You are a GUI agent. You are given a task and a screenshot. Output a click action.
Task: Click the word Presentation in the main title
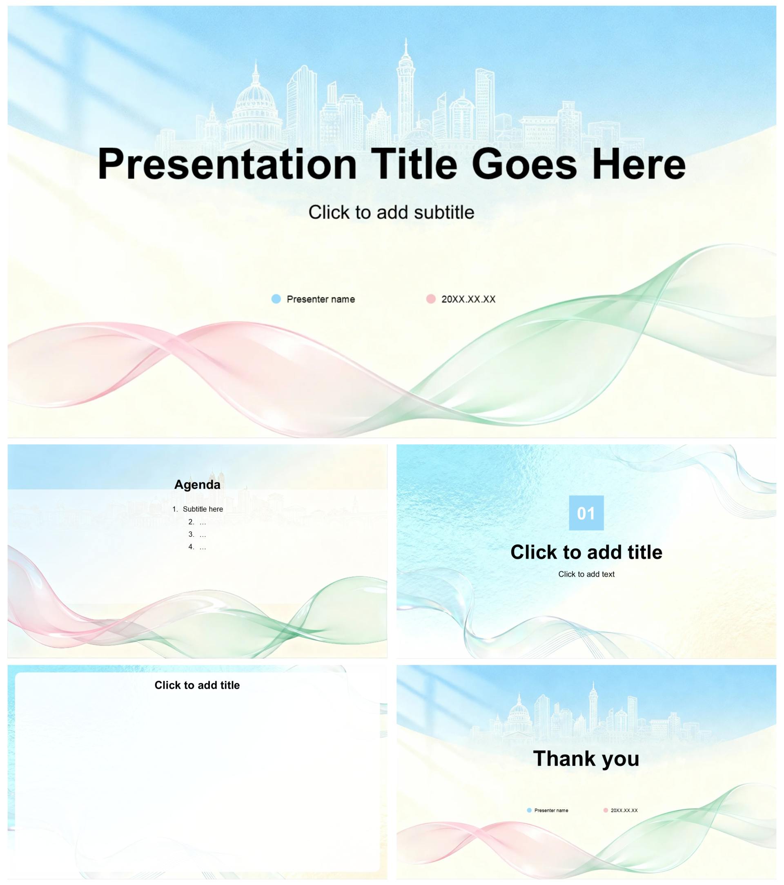click(227, 165)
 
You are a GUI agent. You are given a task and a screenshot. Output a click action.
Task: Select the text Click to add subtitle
click(391, 212)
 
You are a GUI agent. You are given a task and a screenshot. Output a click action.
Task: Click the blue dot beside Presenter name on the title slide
click(276, 299)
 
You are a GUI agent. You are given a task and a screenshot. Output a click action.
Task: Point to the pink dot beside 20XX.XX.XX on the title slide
click(431, 299)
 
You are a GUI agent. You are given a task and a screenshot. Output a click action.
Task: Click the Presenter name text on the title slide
click(321, 299)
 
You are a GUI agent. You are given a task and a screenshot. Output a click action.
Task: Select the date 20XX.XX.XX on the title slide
click(468, 299)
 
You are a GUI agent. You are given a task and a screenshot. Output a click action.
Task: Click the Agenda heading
click(197, 484)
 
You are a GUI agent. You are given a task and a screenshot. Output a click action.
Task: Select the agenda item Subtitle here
click(203, 509)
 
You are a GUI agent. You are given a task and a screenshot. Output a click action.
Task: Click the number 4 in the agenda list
click(191, 547)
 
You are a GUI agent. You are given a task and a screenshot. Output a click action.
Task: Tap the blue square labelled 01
click(586, 513)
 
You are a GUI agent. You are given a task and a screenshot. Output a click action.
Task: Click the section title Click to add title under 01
click(586, 552)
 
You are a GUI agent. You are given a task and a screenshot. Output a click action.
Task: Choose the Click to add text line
click(586, 574)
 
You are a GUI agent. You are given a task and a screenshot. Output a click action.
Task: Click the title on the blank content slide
click(197, 685)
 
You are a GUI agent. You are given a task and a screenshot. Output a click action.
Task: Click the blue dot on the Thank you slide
click(529, 810)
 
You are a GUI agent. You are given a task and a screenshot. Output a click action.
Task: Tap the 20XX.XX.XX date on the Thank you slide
click(624, 811)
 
